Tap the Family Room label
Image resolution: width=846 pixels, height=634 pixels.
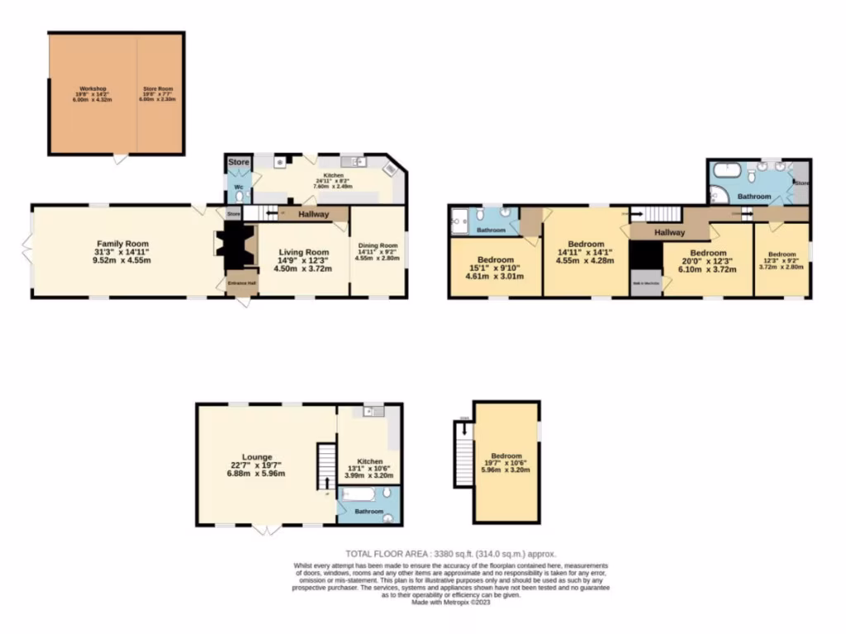pyautogui.click(x=122, y=244)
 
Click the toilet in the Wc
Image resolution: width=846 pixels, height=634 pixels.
pyautogui.click(x=240, y=197)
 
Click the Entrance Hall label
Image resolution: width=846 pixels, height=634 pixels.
pyautogui.click(x=241, y=283)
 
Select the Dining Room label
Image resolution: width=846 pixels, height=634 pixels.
pyautogui.click(x=378, y=245)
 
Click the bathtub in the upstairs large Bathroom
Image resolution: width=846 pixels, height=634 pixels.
pyautogui.click(x=727, y=169)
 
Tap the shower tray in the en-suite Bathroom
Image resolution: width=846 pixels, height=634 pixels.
pyautogui.click(x=459, y=220)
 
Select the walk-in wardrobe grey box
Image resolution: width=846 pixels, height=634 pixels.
pyautogui.click(x=645, y=282)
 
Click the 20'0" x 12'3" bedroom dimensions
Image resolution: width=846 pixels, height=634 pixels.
pyautogui.click(x=708, y=263)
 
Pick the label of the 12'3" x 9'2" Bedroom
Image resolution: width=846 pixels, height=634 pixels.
pyautogui.click(x=781, y=254)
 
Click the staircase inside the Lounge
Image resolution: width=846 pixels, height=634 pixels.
pyautogui.click(x=327, y=466)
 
